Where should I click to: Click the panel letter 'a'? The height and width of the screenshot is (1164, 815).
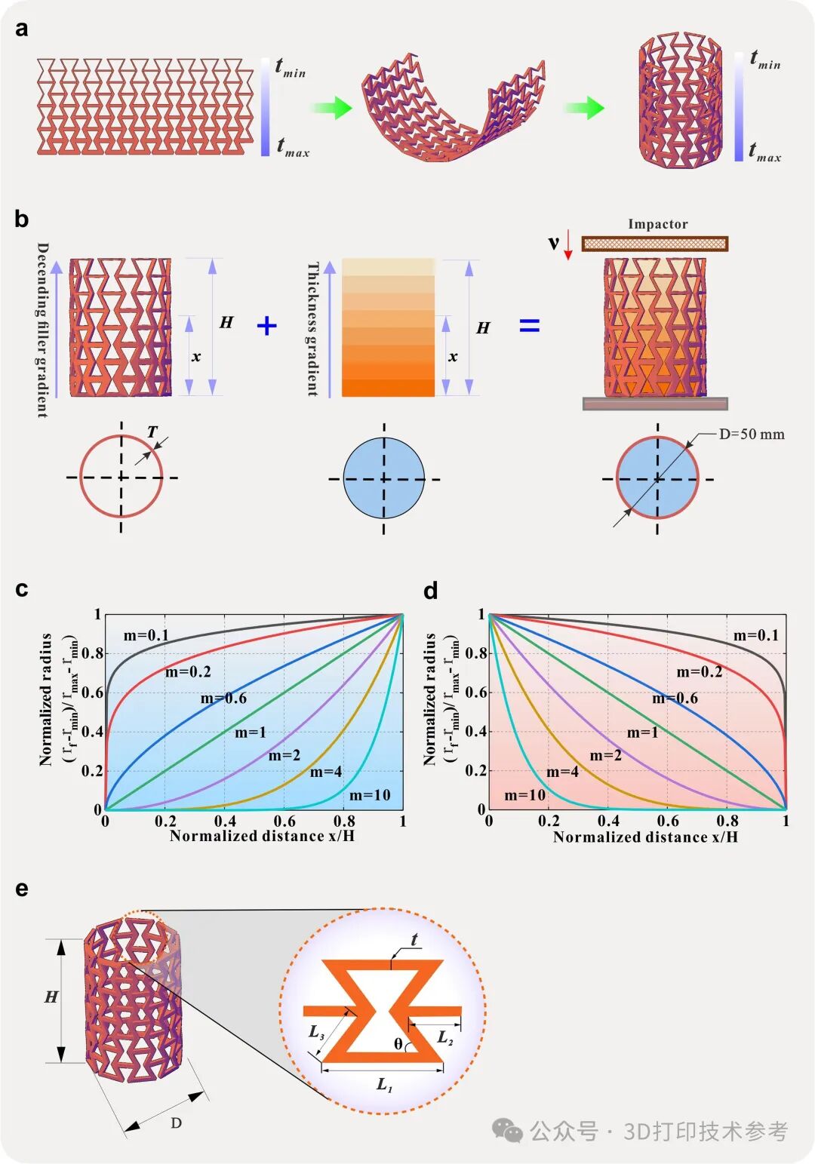pos(22,29)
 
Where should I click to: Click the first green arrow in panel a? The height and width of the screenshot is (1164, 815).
pos(331,108)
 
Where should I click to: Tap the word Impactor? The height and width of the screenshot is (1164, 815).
pos(657,224)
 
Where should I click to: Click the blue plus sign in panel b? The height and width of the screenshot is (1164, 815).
pos(267,326)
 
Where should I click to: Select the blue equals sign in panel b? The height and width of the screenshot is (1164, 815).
pos(530,326)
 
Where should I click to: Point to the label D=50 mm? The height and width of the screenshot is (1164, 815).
pos(751,434)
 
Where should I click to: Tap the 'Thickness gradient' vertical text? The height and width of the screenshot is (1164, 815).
pos(312,329)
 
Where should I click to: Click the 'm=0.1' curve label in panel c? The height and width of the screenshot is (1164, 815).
pos(146,635)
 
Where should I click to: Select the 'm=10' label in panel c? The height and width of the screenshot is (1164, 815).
pos(370,795)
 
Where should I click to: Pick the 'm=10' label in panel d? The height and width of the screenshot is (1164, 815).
pos(524,795)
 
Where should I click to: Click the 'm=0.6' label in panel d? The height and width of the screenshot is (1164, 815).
pos(675,699)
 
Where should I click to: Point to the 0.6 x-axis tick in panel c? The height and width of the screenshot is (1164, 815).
pos(284,821)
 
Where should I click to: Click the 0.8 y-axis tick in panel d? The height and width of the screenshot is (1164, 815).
pos(476,653)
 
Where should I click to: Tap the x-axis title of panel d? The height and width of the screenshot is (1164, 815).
pos(645,837)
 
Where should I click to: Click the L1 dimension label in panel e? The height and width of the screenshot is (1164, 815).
pos(384,1085)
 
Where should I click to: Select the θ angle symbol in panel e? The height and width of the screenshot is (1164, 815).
pos(398,1044)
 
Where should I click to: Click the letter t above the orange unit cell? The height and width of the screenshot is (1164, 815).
pos(414,940)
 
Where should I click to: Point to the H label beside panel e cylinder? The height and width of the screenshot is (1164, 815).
pos(51,997)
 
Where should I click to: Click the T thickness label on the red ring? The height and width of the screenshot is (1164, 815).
pos(152,432)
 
